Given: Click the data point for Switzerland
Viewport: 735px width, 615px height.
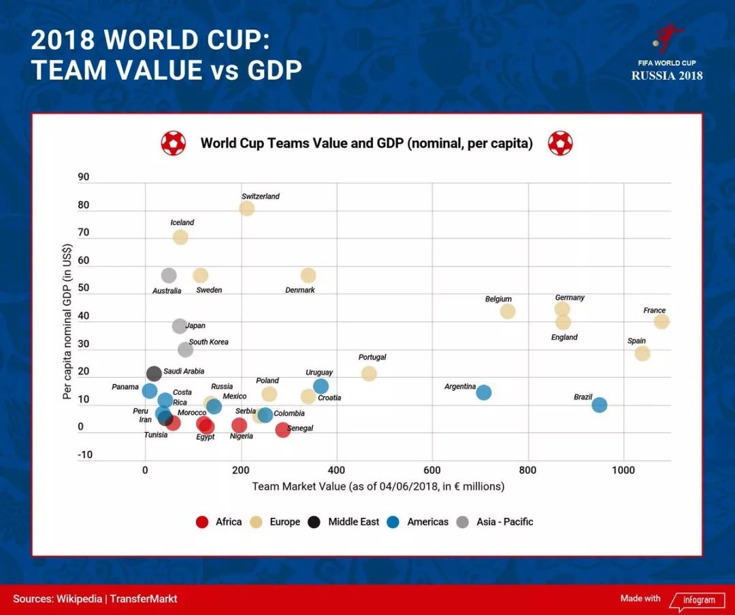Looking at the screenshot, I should click(x=247, y=209).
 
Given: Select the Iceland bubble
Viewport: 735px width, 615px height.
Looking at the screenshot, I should click(x=180, y=237).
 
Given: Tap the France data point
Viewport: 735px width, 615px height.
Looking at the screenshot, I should click(x=661, y=321).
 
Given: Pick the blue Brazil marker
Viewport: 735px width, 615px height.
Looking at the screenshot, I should click(x=600, y=405).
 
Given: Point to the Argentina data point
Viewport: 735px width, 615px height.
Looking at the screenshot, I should click(x=484, y=392).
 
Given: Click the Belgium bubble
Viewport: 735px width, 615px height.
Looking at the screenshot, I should click(x=508, y=311).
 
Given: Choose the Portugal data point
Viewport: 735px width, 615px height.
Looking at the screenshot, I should click(x=369, y=374).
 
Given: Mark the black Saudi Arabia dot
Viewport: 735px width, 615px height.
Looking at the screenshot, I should click(x=154, y=374).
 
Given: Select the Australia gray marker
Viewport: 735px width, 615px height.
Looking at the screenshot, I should click(x=169, y=275).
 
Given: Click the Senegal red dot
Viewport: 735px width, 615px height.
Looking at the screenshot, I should click(x=282, y=429).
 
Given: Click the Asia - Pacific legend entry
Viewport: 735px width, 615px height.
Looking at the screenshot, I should click(x=495, y=522).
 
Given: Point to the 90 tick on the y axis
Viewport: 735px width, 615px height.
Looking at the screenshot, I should click(x=84, y=177).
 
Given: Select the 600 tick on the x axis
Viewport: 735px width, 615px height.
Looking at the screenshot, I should click(x=432, y=470).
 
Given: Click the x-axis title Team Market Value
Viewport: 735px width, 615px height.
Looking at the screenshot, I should click(x=378, y=487).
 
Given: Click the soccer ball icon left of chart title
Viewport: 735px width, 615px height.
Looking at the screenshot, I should click(x=174, y=143).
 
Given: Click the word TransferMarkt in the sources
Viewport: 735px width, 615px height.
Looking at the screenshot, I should click(x=143, y=599).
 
